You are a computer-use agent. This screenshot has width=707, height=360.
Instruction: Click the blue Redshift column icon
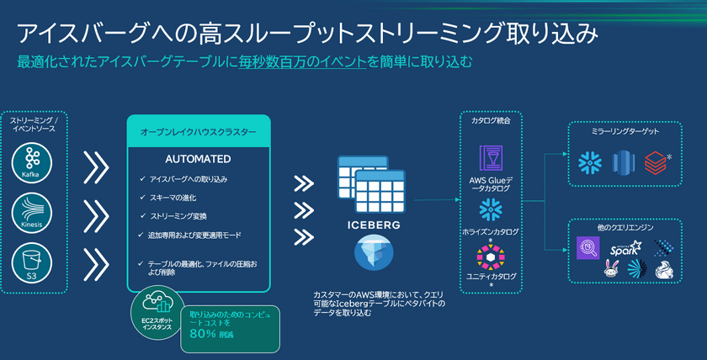pos(623,161)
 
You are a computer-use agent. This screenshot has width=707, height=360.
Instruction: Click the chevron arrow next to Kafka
pos(96,167)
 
